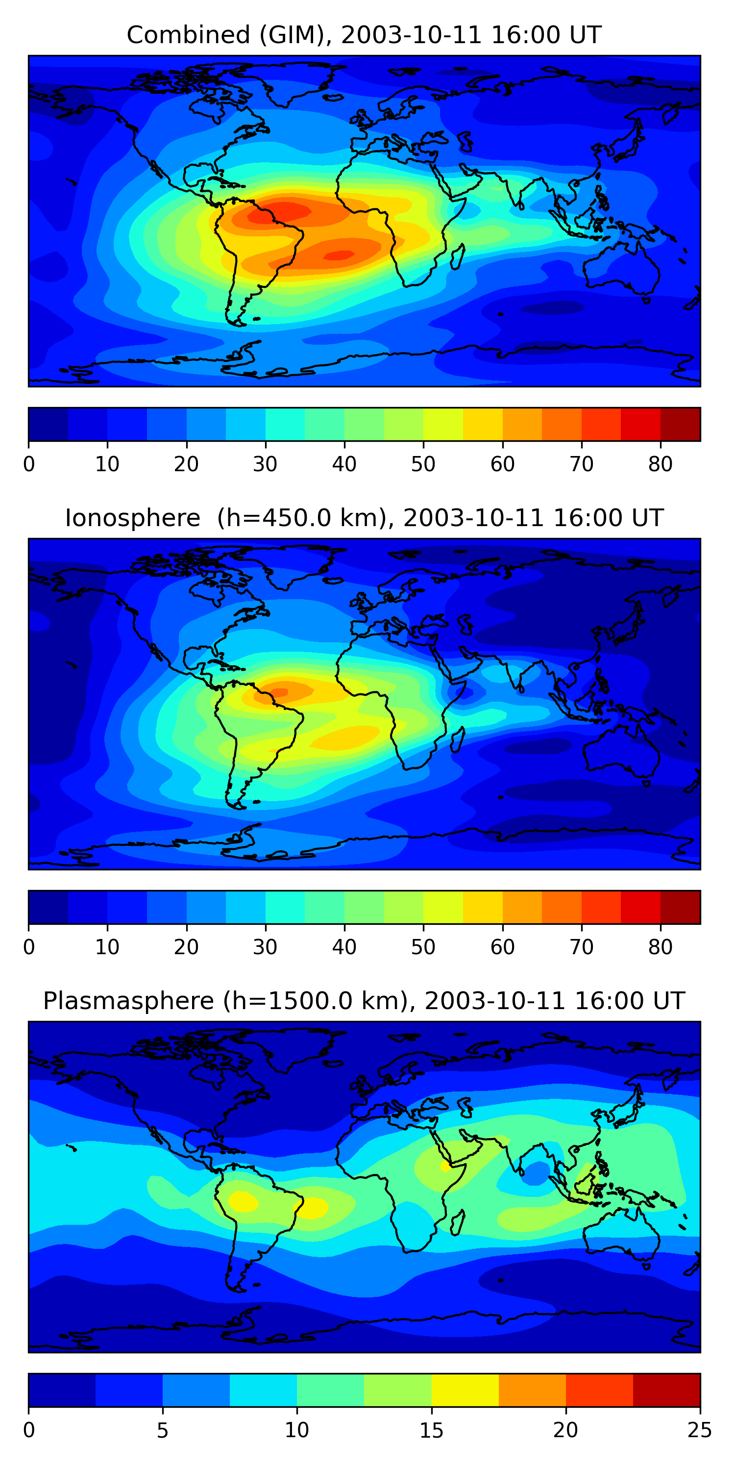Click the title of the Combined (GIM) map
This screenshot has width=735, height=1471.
[x=364, y=35]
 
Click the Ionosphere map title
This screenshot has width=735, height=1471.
[x=364, y=518]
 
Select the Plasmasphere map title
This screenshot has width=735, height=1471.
[x=364, y=1001]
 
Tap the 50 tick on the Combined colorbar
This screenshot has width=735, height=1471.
[x=423, y=464]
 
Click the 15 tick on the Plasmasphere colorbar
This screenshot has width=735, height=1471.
[x=431, y=1430]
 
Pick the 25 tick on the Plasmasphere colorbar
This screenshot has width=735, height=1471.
[x=700, y=1430]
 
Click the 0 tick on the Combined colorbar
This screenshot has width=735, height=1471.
[x=29, y=464]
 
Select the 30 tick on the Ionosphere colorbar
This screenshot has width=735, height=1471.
[x=266, y=947]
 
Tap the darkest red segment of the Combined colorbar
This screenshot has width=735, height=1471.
[x=680, y=424]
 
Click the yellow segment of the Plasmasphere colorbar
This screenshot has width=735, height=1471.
[x=465, y=1391]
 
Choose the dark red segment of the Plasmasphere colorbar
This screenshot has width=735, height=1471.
[x=666, y=1391]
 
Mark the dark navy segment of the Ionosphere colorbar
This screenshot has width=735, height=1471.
[x=49, y=908]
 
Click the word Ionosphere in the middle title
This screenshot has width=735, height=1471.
[x=132, y=518]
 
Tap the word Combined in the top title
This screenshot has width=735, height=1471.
[x=188, y=35]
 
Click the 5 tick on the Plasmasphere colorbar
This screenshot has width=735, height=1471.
[x=163, y=1430]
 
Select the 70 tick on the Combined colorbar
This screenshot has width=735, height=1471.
[x=582, y=464]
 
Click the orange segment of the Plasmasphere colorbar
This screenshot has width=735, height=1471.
[x=533, y=1391]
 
